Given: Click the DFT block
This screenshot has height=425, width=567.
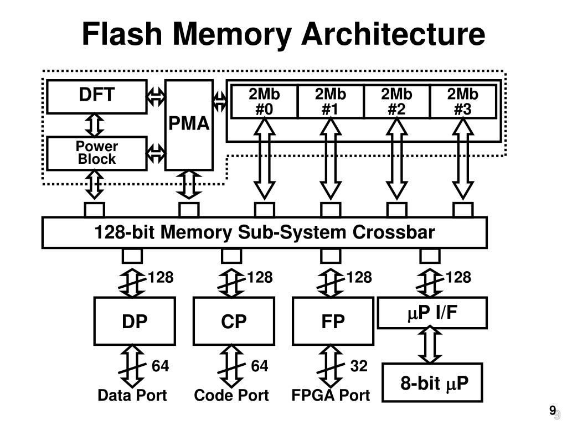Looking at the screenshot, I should coord(97,96).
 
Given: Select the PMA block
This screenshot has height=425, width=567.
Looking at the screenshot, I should coord(189,125).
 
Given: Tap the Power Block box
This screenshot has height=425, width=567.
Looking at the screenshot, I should coord(97,153).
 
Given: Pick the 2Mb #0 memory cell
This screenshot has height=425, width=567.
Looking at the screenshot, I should coord(264,102).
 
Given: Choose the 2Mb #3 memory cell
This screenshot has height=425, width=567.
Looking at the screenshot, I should coord(463,102).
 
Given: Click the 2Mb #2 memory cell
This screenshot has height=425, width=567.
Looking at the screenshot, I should coord(396,102).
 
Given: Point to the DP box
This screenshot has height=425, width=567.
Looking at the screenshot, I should coord(135,321).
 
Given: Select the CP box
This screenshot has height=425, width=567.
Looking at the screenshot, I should coord(234,321).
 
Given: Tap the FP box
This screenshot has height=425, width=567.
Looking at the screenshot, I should coord(333,321).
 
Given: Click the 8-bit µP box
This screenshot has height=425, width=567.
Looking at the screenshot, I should coord(433,382).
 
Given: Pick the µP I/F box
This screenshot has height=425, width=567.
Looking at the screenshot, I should coord(432,313).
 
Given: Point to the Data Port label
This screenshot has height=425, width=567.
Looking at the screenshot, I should coord(132,396).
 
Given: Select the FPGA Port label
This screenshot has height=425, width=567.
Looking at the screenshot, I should coord(331,396).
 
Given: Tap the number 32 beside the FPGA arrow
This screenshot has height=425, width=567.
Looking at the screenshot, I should coord(359,366).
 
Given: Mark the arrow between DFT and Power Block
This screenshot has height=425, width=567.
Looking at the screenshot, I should coord(96,125).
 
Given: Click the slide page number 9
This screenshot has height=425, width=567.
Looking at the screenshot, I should coord(552,410).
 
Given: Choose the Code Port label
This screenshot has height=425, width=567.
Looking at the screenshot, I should coord(231,396).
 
